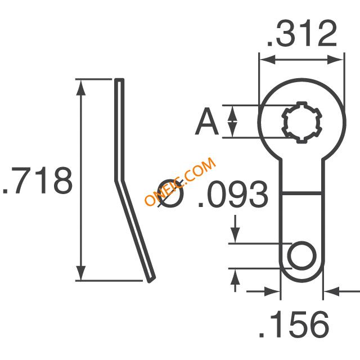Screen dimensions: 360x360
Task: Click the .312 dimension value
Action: coord(301,34)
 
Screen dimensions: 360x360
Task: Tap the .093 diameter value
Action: coord(233,194)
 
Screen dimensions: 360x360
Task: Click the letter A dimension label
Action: coord(206,121)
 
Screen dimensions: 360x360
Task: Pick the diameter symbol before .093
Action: coord(171,193)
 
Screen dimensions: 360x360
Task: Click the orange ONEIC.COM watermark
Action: coord(181,181)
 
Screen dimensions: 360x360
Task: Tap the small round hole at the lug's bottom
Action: coord(301,255)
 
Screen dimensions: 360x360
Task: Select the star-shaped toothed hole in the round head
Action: coord(301,123)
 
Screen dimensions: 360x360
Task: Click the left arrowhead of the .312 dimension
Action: coord(267,60)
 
